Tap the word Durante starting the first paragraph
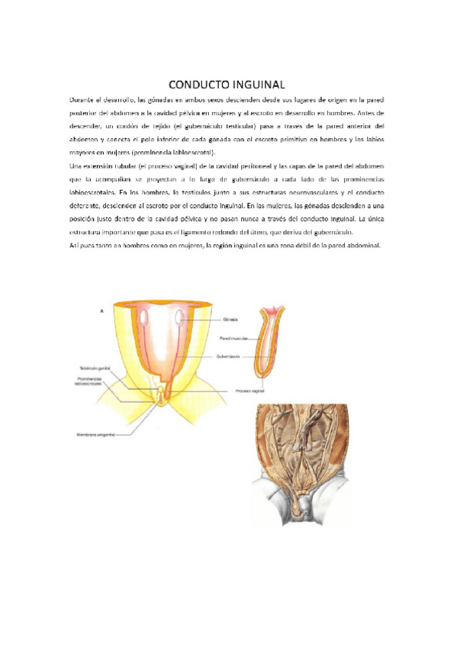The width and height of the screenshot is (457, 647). [82, 99]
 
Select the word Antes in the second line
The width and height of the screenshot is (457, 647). [377, 112]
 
